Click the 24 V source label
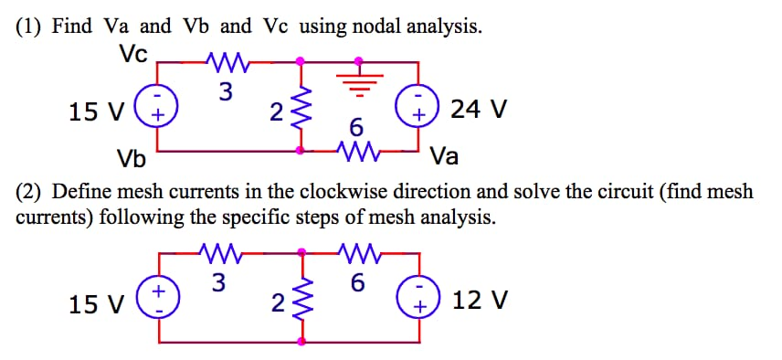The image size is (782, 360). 479,110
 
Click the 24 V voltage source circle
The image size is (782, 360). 419,108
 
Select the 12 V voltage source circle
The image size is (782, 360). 419,299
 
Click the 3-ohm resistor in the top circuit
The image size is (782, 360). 224,63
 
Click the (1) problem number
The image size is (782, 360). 30,26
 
